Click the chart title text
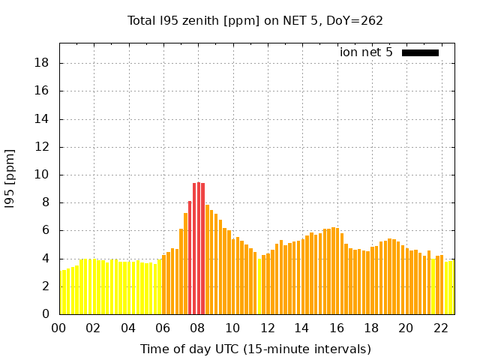point(255,21)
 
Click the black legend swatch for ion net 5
point(420,52)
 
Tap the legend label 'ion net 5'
point(366,52)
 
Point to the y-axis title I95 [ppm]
point(10,178)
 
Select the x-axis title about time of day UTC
point(255,349)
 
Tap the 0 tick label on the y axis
point(46,314)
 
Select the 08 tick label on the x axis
point(198,328)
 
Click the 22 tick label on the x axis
point(441,328)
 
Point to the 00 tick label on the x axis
point(59,328)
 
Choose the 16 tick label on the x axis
point(337,328)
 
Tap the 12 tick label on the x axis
point(268,328)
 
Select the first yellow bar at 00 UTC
point(61,292)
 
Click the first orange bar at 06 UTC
point(164,285)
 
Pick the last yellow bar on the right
point(451,287)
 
